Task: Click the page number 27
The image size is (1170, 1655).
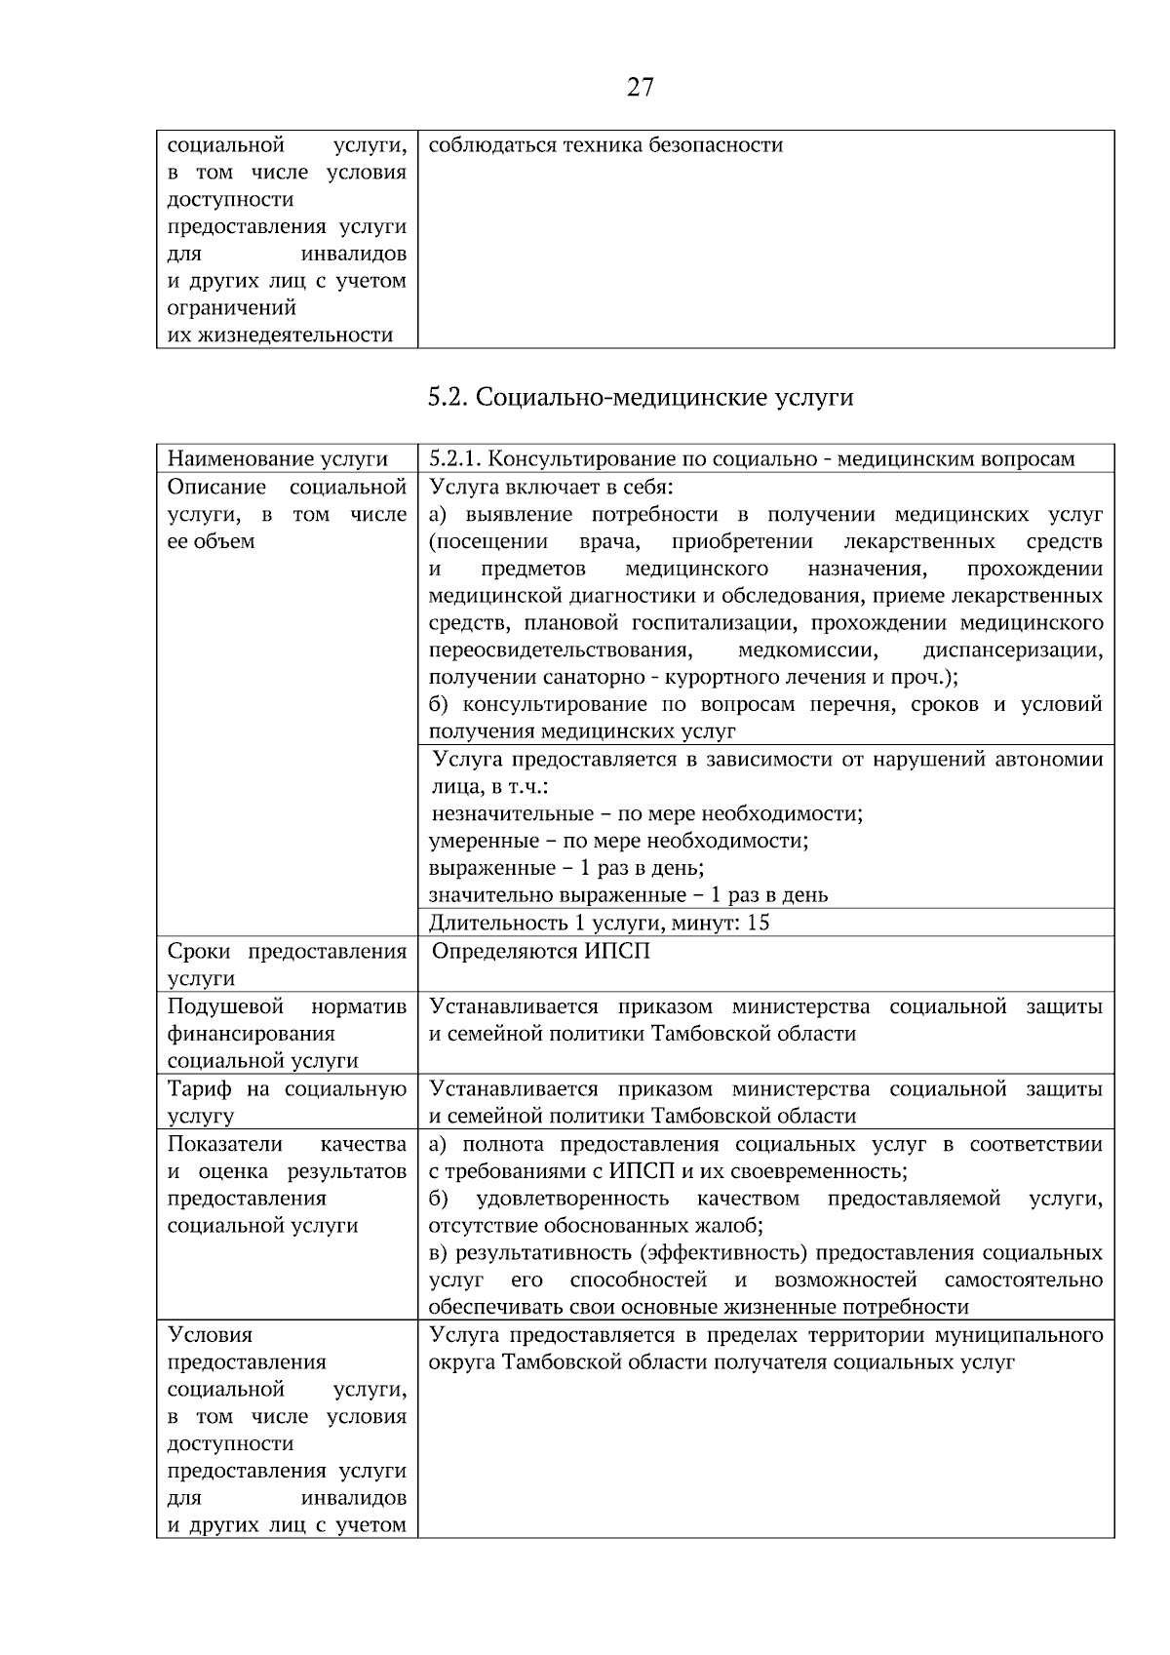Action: pos(640,88)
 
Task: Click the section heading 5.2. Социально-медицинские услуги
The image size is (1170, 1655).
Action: pos(640,398)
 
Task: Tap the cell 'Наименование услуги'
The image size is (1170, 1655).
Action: pos(277,458)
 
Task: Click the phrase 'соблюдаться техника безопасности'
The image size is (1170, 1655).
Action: pos(605,145)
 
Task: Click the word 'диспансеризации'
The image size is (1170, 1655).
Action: pos(1012,650)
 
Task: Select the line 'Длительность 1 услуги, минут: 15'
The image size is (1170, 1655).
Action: pos(599,922)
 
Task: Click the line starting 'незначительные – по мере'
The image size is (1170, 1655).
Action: pos(647,813)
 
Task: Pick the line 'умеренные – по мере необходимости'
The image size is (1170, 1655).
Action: pos(619,840)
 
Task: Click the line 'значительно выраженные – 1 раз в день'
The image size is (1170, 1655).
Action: pos(628,894)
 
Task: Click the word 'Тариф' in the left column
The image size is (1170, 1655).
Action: pos(200,1088)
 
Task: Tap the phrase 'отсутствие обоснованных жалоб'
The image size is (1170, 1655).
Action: pos(595,1225)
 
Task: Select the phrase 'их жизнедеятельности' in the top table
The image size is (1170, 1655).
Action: pos(280,335)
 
